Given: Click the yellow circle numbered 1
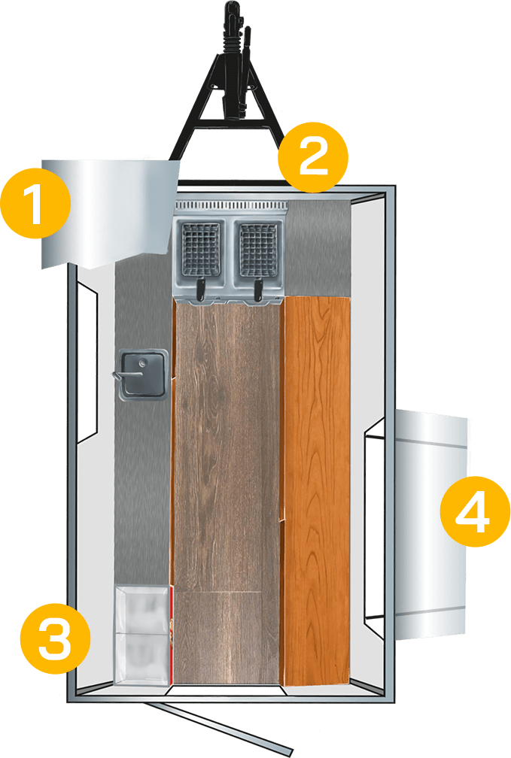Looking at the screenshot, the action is point(36,202).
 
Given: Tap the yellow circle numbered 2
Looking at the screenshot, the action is point(312,157).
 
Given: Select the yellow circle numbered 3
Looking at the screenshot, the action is point(55,638).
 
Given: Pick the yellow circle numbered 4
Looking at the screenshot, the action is point(475,511).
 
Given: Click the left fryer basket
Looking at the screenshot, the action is point(201,250).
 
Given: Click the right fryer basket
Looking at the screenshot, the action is point(258,250).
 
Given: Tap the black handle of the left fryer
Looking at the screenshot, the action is point(200,289).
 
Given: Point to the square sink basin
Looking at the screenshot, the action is point(143,374).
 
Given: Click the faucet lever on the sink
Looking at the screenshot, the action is point(126,375).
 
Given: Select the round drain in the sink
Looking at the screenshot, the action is point(143,362).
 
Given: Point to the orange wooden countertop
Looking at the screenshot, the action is point(317,490).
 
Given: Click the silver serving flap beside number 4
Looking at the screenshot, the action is point(430,525).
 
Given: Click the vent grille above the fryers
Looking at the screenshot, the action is point(231,206).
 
